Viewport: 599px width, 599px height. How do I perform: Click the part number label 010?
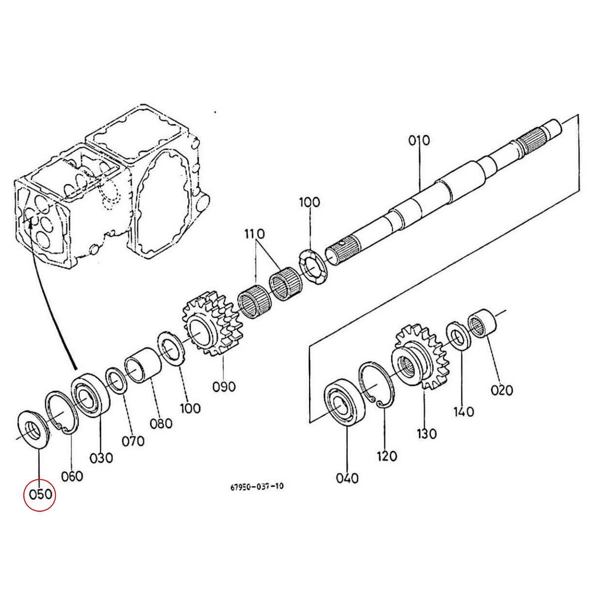pos(419,140)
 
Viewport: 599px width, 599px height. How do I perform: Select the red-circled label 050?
pos(40,494)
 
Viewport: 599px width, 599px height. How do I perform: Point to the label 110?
pos(255,234)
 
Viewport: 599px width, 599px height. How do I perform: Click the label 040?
pos(347,478)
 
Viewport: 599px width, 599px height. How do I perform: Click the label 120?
pos(387,455)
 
